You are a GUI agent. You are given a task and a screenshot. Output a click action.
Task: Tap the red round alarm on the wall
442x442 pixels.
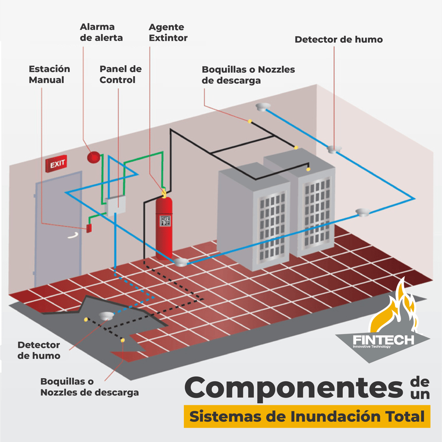(93, 157)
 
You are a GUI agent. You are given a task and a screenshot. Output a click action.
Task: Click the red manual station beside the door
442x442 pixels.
(89, 228)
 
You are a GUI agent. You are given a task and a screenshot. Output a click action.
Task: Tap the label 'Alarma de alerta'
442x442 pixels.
(101, 32)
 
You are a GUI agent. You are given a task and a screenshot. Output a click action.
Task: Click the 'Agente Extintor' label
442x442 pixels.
(168, 32)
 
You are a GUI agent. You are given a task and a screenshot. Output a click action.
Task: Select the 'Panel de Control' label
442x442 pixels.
(120, 74)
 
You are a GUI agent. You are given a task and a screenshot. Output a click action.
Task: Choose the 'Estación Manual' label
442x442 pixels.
(49, 74)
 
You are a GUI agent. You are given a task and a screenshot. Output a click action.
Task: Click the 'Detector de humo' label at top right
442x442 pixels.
(338, 40)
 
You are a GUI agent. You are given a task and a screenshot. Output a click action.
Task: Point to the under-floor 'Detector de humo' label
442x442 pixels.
(39, 350)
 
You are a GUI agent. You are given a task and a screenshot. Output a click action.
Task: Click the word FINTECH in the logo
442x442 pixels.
(383, 340)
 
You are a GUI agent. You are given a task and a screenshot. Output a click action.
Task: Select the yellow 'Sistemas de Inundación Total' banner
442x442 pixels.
(307, 417)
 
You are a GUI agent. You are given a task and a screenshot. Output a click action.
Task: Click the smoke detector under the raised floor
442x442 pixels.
(105, 316)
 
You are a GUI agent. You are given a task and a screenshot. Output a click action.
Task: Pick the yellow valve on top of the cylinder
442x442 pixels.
(164, 191)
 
